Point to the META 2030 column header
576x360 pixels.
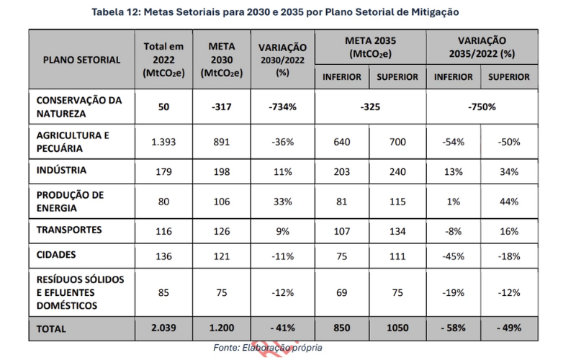pyautogui.click(x=222, y=59)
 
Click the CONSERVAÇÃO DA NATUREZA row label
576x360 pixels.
pyautogui.click(x=79, y=107)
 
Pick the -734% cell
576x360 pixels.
pyautogui.click(x=282, y=107)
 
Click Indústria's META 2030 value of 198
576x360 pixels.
pyautogui.click(x=222, y=172)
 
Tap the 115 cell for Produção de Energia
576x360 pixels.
pyautogui.click(x=397, y=202)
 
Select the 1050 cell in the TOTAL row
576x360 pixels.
pyautogui.click(x=397, y=328)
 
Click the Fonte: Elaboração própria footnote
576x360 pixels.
pyautogui.click(x=268, y=348)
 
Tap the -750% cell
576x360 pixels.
pyautogui.click(x=481, y=107)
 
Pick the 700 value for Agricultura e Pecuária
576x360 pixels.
pyautogui.click(x=397, y=142)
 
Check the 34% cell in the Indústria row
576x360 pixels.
pyautogui.click(x=509, y=172)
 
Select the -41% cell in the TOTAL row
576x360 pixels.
pyautogui.click(x=282, y=328)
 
